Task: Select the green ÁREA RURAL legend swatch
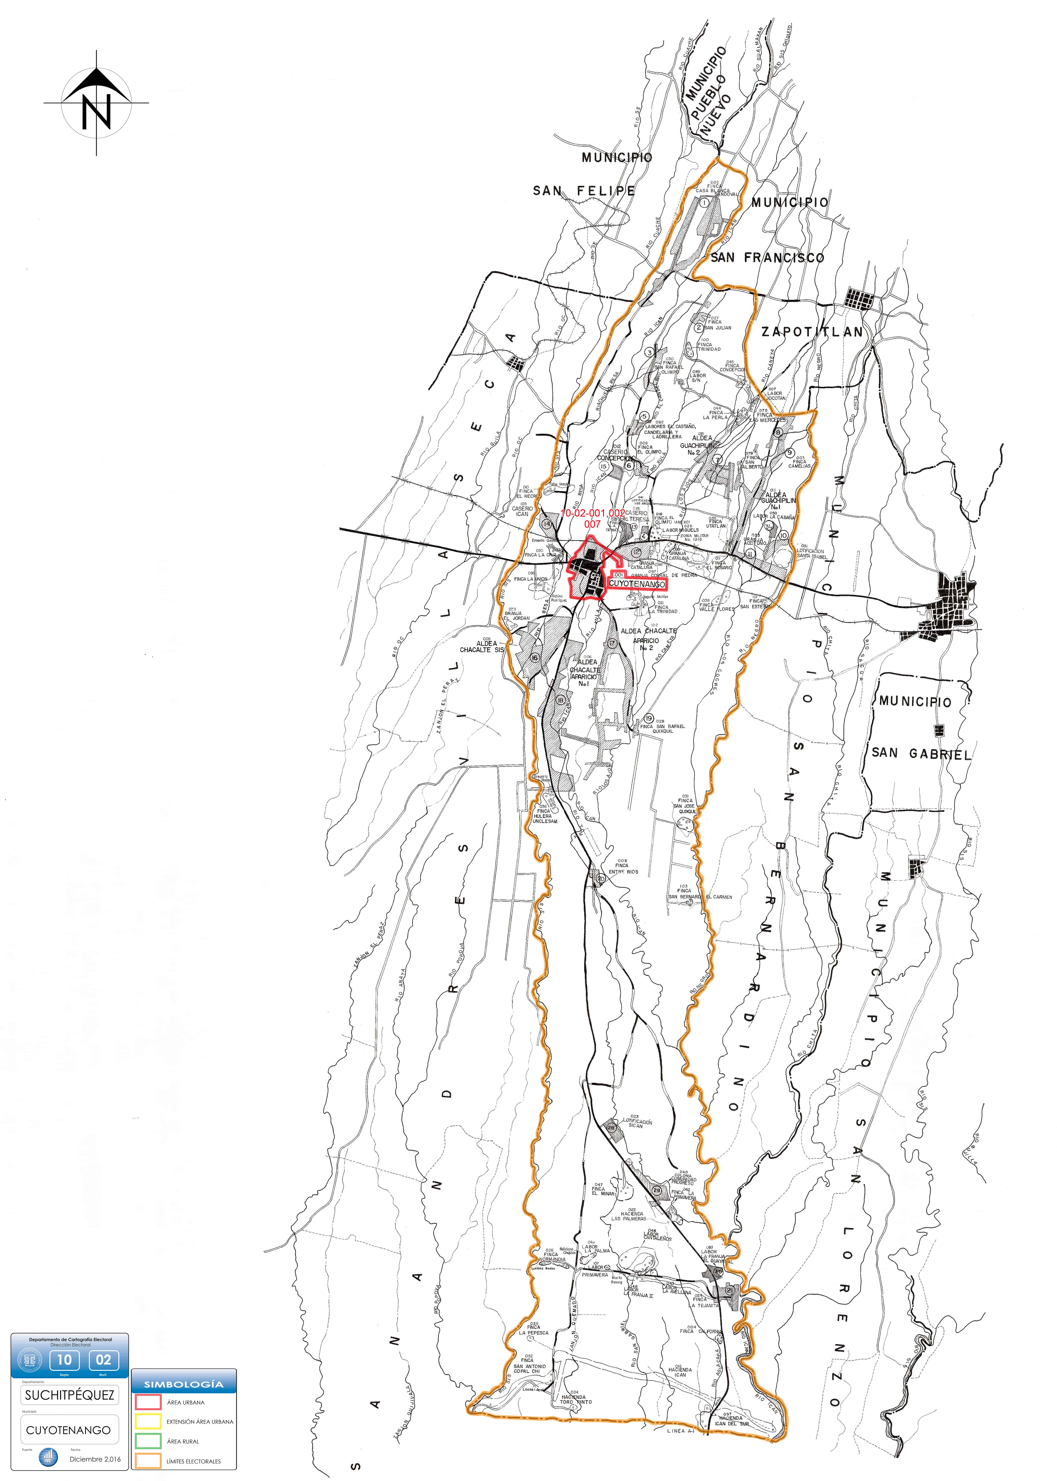[x=148, y=1441]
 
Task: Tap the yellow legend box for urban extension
[x=148, y=1422]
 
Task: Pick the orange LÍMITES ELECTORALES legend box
[x=148, y=1461]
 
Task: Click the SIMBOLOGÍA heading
[x=184, y=1384]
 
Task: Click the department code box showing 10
[x=64, y=1359]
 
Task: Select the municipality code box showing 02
[x=103, y=1359]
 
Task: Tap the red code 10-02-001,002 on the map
[x=592, y=513]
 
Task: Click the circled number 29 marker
[x=657, y=1191]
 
